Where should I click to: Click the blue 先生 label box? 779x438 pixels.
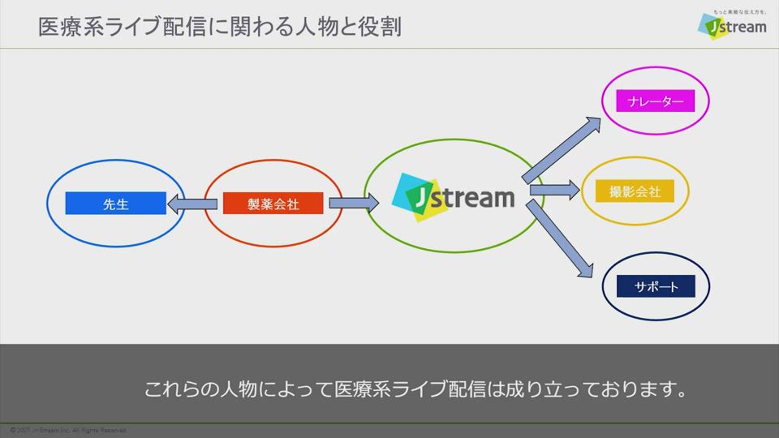115,204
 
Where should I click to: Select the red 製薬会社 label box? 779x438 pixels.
273,204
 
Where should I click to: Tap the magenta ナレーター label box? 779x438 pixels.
655,101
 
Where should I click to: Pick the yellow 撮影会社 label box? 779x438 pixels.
635,192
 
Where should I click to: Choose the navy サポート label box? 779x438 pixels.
656,286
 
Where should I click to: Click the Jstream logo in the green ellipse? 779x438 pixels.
454,196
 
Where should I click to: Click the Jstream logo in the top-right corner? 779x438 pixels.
732,26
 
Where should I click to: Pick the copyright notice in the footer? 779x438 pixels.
68,430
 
